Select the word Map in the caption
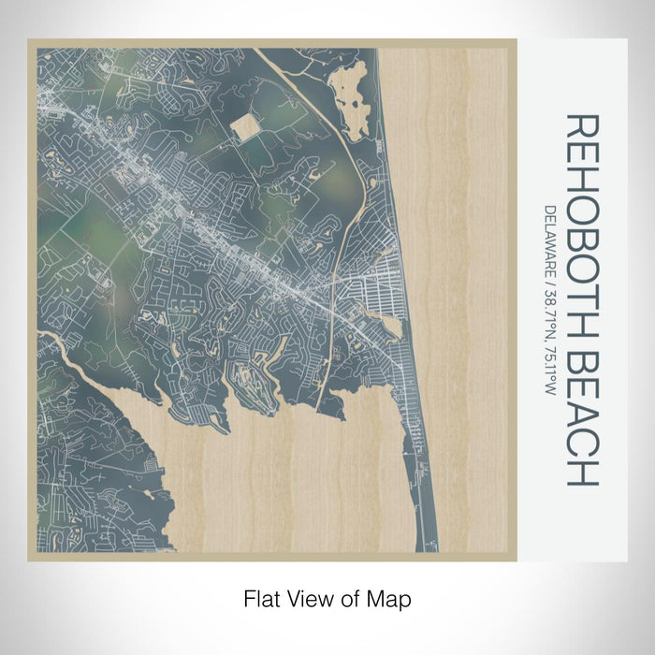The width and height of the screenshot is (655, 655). [x=390, y=598]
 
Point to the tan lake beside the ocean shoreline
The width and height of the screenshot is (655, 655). [x=390, y=326]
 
